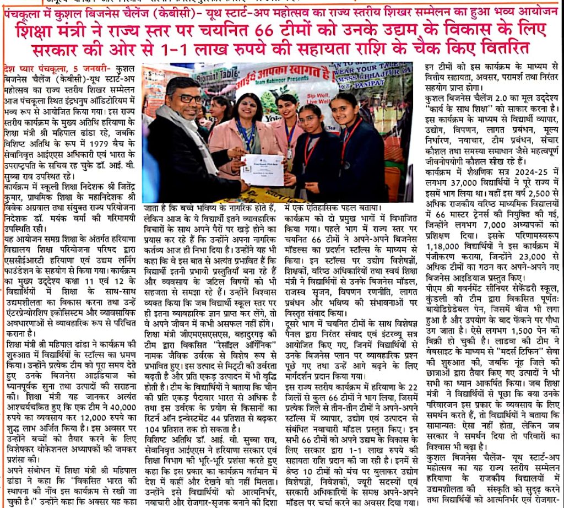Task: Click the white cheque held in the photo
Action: click(x=262, y=169)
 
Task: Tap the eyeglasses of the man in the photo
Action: click(x=188, y=99)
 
